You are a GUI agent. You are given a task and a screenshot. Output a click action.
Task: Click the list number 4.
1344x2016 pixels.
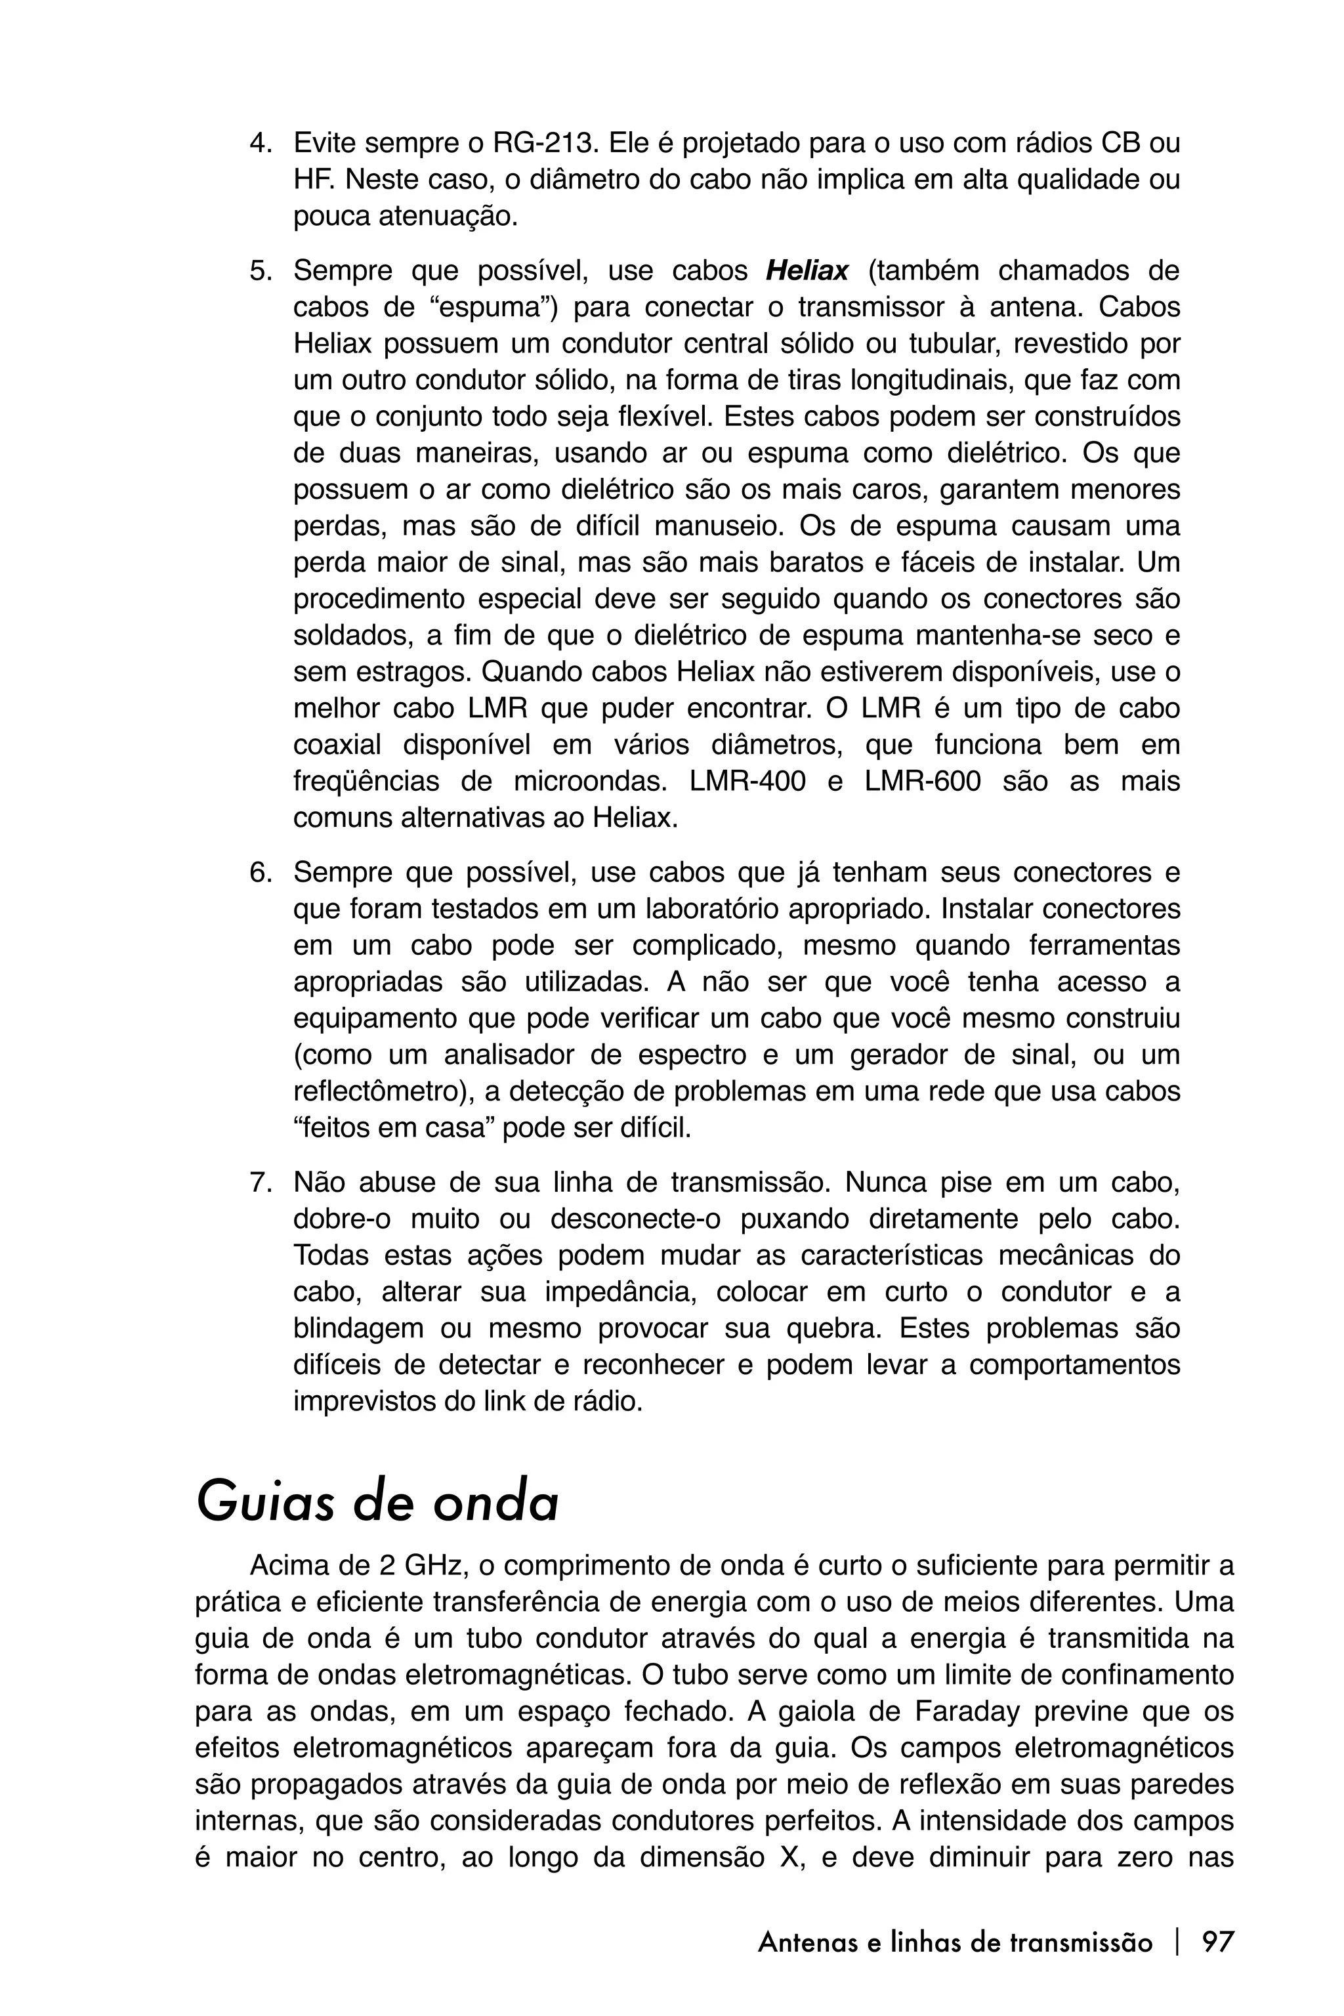coord(258,143)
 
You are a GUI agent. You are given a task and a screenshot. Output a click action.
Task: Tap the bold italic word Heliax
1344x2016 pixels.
coord(807,272)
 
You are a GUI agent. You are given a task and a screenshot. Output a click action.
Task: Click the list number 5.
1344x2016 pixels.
coord(258,272)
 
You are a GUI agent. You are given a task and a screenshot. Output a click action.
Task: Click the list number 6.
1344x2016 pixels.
coord(258,873)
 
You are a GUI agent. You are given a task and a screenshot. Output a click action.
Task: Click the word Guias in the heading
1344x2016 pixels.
coord(265,1503)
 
